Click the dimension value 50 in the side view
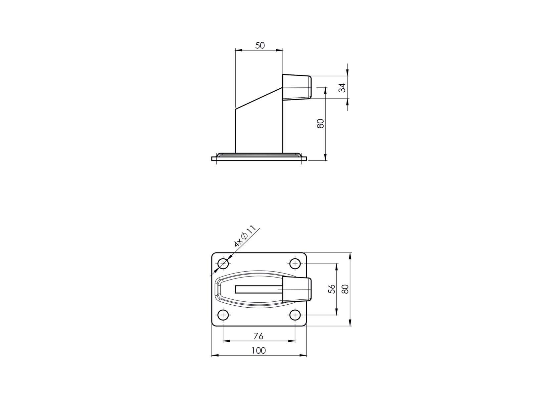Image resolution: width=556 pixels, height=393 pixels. coord(260,45)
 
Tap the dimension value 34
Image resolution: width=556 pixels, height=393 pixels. coord(342,88)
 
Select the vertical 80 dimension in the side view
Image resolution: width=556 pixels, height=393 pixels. coord(320,123)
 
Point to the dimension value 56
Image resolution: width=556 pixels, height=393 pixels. coord(332,289)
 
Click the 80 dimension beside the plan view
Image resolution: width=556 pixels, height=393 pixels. coord(345,289)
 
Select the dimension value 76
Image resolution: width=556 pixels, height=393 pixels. coord(258,336)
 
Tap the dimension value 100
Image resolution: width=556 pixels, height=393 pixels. coord(258,350)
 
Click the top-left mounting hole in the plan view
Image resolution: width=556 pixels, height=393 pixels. coord(223,264)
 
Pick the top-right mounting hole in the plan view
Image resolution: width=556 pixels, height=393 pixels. coord(295,264)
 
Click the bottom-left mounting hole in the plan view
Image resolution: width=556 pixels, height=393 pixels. coord(223,315)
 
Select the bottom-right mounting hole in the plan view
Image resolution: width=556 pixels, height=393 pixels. coord(295,315)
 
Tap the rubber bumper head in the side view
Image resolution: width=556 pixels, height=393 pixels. coord(297,87)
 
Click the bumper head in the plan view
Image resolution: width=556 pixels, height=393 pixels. coord(297,290)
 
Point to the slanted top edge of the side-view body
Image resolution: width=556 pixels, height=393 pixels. coord(259,98)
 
